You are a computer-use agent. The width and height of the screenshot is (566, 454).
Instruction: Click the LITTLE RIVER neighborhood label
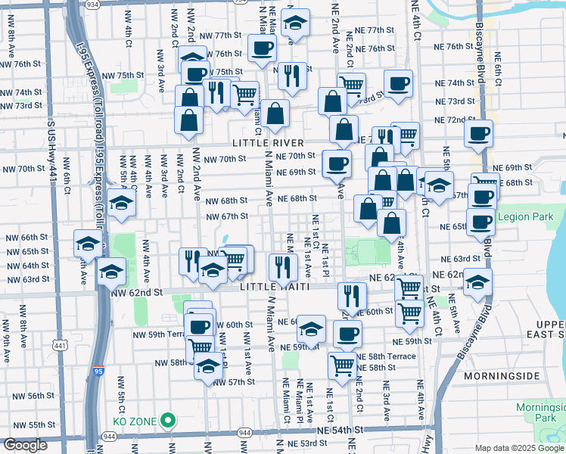(268, 143)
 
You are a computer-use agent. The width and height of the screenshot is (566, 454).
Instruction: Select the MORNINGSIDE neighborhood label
(500, 375)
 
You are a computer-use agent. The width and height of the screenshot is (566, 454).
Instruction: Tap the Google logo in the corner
(26, 445)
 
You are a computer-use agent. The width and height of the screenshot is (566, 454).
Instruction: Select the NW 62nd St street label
(137, 291)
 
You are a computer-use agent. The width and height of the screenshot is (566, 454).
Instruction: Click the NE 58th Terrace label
(386, 356)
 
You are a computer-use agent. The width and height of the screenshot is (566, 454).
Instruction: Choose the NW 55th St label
(25, 424)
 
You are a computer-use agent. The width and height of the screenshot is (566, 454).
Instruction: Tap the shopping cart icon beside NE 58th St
(343, 365)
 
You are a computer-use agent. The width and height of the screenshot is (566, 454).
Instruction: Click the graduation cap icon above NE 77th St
(295, 23)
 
